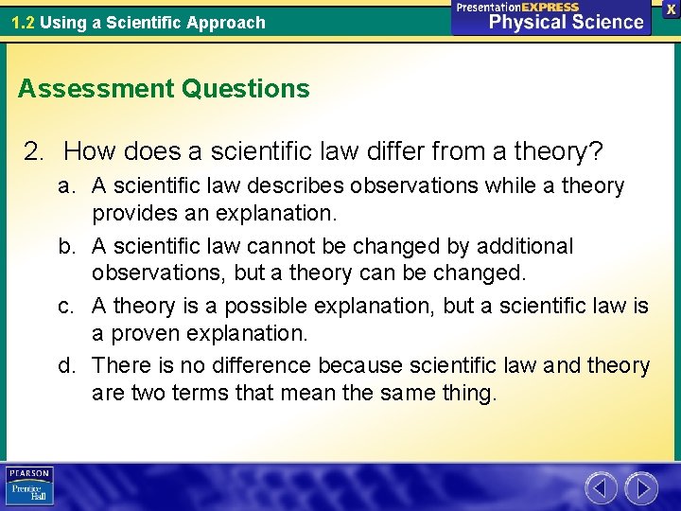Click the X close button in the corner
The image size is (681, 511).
tap(671, 8)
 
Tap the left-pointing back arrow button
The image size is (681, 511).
tap(602, 488)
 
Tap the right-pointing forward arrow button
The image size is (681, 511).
tap(641, 488)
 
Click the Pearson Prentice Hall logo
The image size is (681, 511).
tap(29, 486)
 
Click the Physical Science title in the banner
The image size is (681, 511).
tap(566, 23)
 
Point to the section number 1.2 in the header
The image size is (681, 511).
tap(23, 22)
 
